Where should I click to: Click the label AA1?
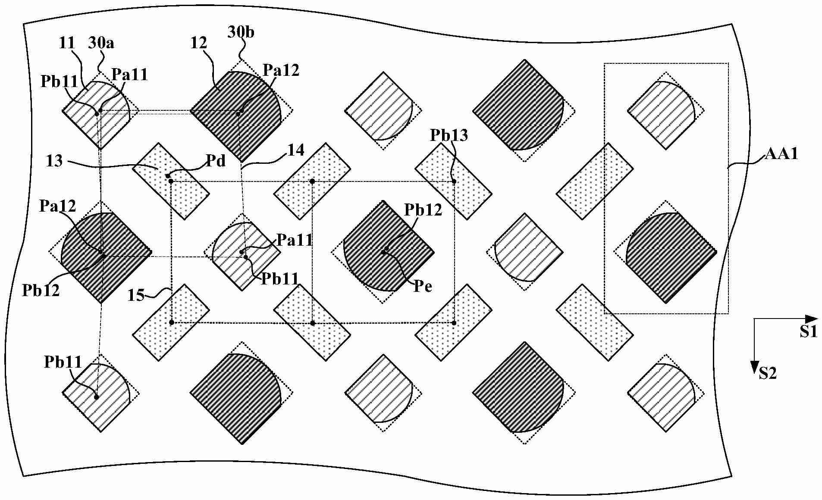tap(781, 154)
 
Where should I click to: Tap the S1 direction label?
tap(809, 331)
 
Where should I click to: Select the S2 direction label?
tap(767, 373)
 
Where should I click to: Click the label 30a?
tap(101, 43)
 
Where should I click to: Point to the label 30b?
tap(241, 32)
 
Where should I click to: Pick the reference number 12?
tap(198, 43)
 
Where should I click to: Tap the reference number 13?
tap(55, 161)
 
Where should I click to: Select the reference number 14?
tap(296, 150)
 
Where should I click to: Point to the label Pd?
tap(216, 162)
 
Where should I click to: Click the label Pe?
tap(423, 287)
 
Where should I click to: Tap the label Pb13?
tap(449, 136)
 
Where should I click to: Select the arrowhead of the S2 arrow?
tap(754, 367)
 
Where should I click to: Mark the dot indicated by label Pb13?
tap(454, 181)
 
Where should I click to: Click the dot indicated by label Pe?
tap(383, 252)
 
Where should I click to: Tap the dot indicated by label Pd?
tap(168, 176)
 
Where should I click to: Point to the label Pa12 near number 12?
tap(281, 70)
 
